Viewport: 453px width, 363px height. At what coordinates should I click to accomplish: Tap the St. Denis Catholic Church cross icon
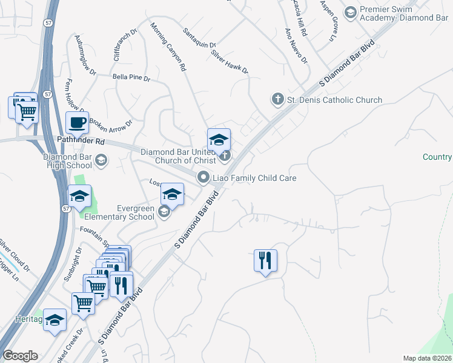point(278,99)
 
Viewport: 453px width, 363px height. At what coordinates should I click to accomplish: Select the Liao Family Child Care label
point(253,178)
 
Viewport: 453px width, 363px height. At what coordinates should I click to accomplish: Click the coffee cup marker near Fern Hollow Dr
point(77,123)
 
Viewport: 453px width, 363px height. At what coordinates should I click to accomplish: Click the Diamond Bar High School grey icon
point(101,160)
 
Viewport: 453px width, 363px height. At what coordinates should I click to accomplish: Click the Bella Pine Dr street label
point(131,77)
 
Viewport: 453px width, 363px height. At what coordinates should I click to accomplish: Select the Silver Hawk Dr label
point(230,61)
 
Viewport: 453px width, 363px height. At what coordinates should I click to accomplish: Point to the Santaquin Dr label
point(200,38)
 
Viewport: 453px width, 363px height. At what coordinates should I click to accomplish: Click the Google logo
point(20,356)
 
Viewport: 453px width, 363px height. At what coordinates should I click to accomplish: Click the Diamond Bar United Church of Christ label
point(178,156)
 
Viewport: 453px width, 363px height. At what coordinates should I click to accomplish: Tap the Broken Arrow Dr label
point(111,125)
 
